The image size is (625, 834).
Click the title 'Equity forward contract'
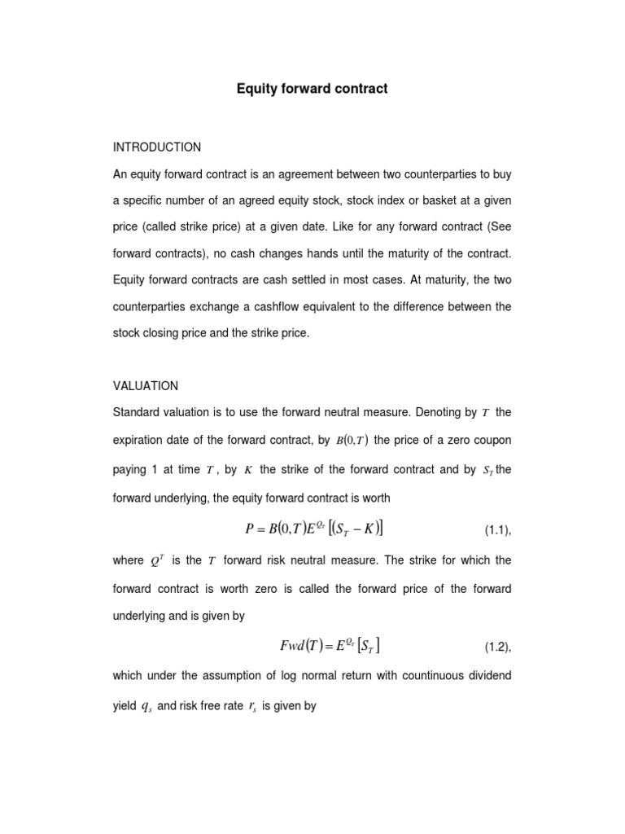coord(312,89)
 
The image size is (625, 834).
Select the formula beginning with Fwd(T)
coord(330,646)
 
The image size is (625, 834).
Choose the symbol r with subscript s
coord(251,706)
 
